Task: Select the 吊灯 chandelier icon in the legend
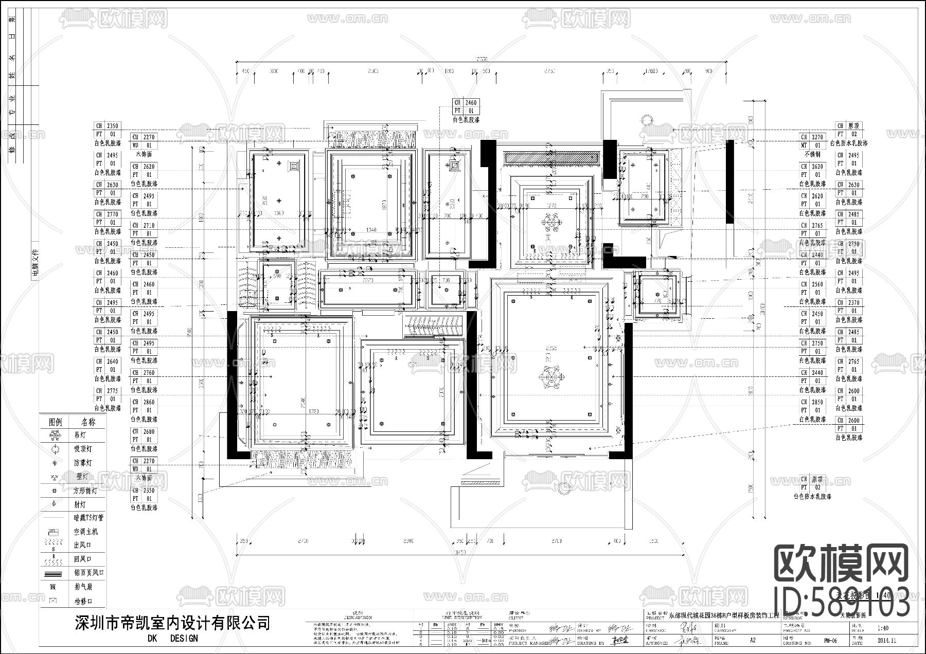click(x=55, y=435)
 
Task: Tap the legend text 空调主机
click(x=85, y=531)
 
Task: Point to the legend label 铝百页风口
click(x=88, y=572)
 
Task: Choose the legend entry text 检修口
click(x=82, y=601)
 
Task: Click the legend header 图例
click(x=56, y=422)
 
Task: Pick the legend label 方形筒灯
click(x=85, y=491)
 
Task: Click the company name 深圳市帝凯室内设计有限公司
click(x=172, y=623)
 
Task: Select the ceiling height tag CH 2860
click(x=144, y=402)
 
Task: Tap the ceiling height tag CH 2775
click(x=107, y=391)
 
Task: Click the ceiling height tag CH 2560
click(x=812, y=284)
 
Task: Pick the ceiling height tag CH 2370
click(x=848, y=303)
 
